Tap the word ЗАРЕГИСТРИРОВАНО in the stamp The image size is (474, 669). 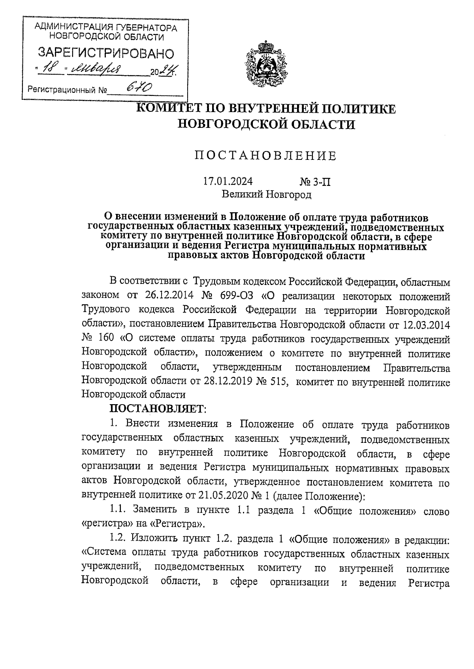105,53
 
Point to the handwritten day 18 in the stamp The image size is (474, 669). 53,70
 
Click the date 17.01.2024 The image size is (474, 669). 228,182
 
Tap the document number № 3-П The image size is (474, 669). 315,182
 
